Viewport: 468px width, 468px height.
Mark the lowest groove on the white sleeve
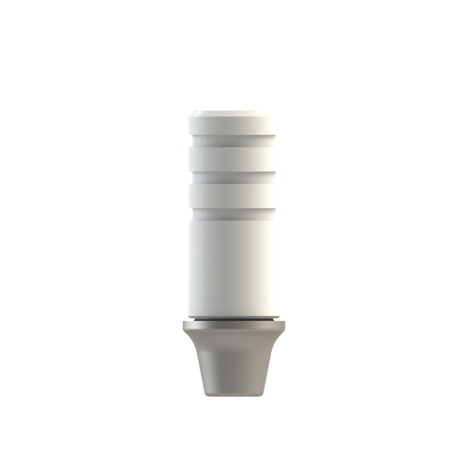[x=234, y=210]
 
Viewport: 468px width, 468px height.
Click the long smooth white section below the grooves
[x=234, y=263]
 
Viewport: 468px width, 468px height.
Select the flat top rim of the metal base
[x=234, y=326]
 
